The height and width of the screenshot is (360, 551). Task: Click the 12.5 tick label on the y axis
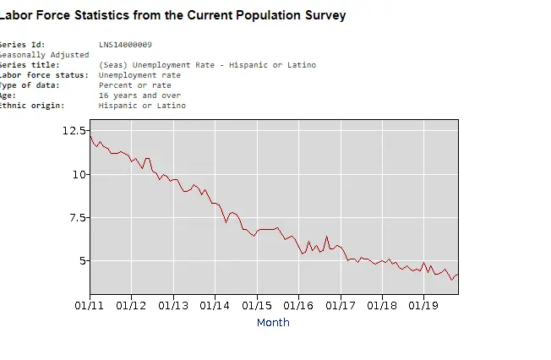coord(74,131)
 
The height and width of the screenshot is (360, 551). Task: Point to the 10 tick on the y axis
coord(79,174)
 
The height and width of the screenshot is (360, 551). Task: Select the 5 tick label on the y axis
coord(81,260)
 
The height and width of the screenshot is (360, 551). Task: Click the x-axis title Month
coord(273,322)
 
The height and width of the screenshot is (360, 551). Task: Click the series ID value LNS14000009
coord(125,44)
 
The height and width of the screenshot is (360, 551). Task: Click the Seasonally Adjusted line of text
coord(44,54)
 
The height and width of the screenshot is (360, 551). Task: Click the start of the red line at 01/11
coord(90,137)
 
